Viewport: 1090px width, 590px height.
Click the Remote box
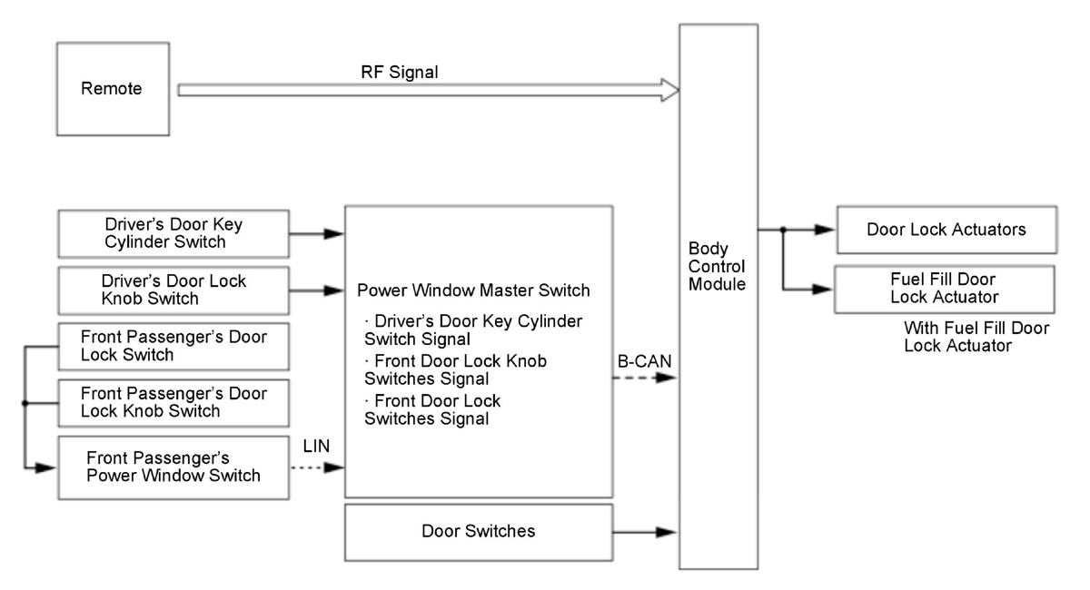point(112,90)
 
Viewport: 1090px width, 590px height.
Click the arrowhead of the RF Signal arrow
point(671,90)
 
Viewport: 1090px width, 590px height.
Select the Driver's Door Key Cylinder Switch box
point(173,234)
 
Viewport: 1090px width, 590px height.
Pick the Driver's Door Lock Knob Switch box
point(173,290)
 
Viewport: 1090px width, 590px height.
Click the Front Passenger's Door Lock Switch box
point(173,346)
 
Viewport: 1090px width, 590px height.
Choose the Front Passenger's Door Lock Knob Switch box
point(173,402)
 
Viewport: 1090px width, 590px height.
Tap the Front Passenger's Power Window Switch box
point(173,467)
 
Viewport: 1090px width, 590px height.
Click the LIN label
point(317,447)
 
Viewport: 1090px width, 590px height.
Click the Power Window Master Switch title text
point(474,291)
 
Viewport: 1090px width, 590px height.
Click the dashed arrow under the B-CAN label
point(645,377)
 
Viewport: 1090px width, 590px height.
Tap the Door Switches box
point(478,531)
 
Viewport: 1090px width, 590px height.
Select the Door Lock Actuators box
point(945,230)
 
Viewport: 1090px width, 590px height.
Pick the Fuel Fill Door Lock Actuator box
point(945,289)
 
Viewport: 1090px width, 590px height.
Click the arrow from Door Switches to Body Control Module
point(646,531)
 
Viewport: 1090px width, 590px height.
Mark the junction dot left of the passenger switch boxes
point(25,404)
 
